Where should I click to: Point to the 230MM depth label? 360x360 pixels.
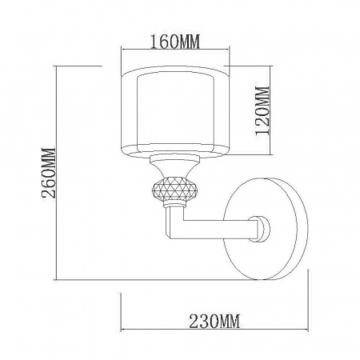(214, 322)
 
